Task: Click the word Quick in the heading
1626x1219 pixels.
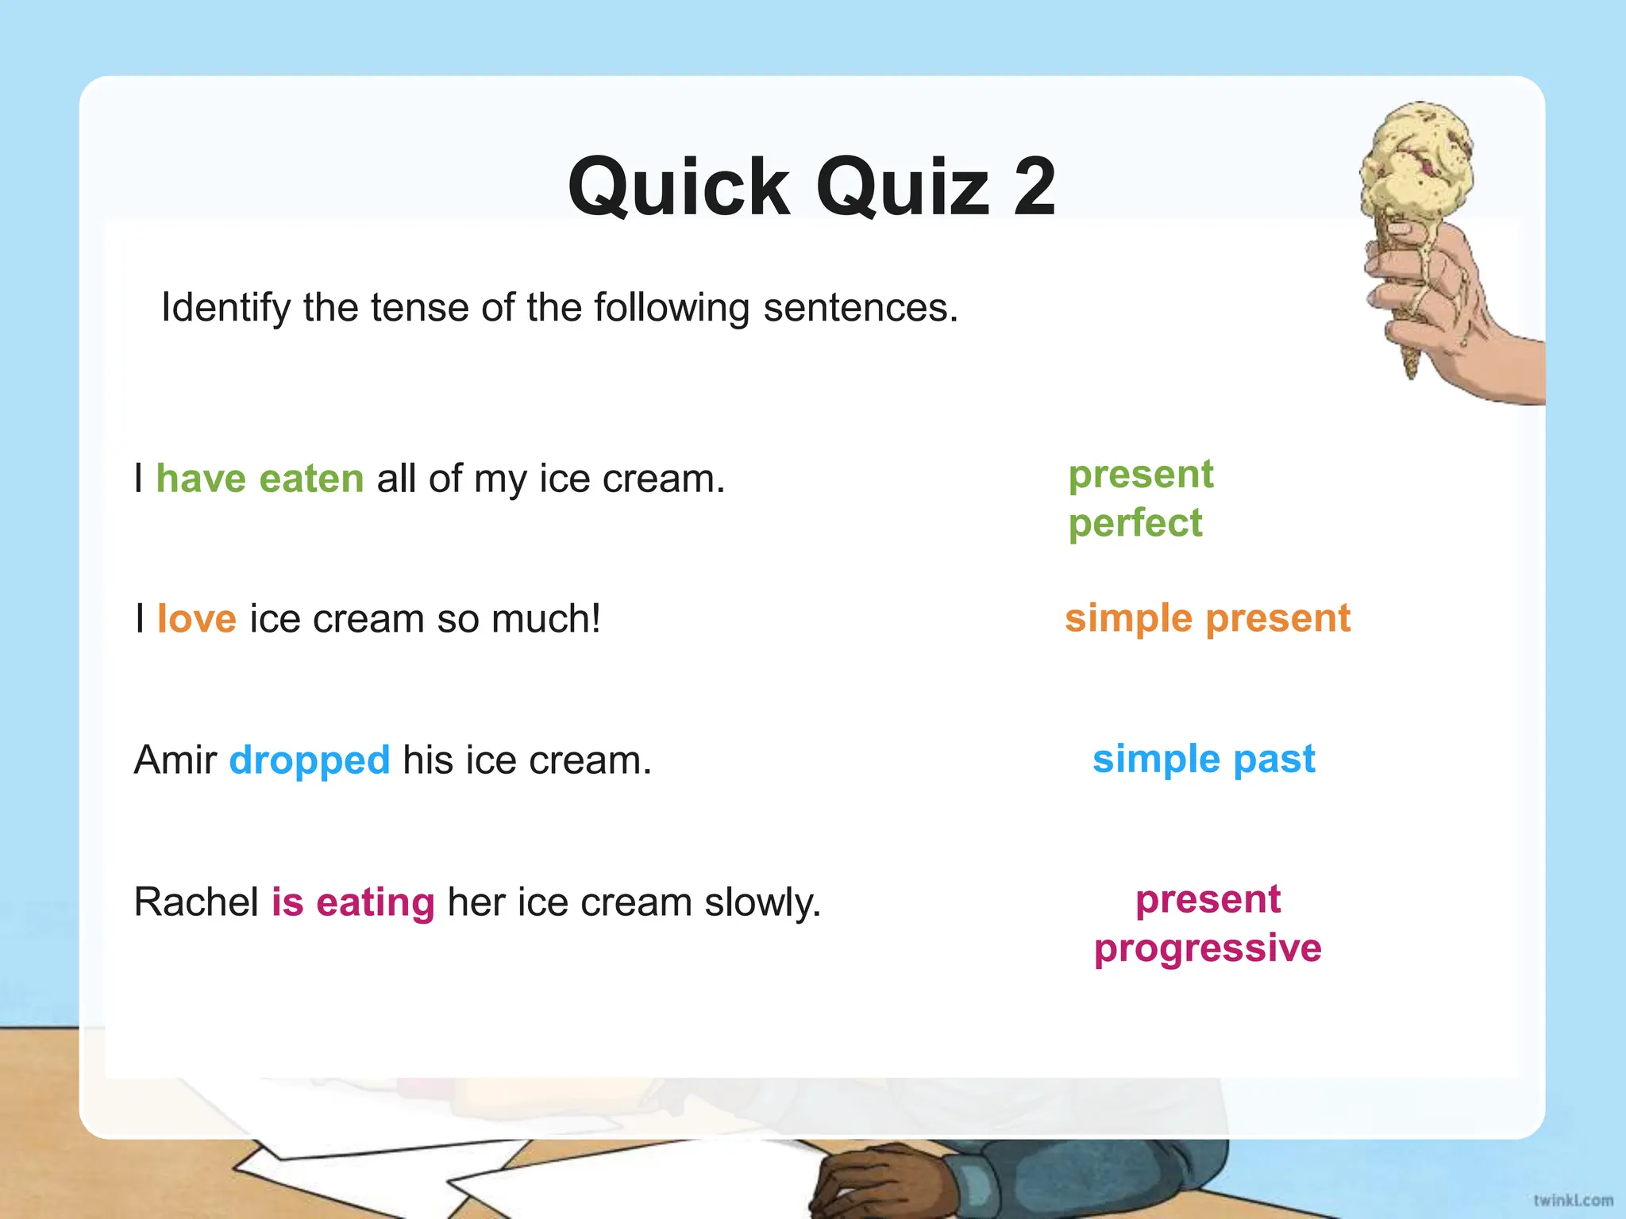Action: pyautogui.click(x=679, y=187)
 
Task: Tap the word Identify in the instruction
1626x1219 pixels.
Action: pyautogui.click(x=225, y=308)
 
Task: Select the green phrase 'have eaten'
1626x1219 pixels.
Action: pyautogui.click(x=260, y=479)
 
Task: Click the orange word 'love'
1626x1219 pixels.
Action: pyautogui.click(x=196, y=619)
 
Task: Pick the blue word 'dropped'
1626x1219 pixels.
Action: pyautogui.click(x=309, y=760)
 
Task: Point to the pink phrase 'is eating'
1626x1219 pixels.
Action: pyautogui.click(x=353, y=902)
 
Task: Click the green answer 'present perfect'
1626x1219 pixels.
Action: pyautogui.click(x=1140, y=499)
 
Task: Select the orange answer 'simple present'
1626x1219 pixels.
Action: pyautogui.click(x=1207, y=618)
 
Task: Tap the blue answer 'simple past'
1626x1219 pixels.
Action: pyautogui.click(x=1204, y=759)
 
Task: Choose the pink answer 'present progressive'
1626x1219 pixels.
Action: pyautogui.click(x=1208, y=924)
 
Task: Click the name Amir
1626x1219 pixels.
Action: pyautogui.click(x=175, y=760)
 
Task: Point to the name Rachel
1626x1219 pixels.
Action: pyautogui.click(x=196, y=902)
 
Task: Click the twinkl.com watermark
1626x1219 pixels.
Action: pyautogui.click(x=1572, y=1200)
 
